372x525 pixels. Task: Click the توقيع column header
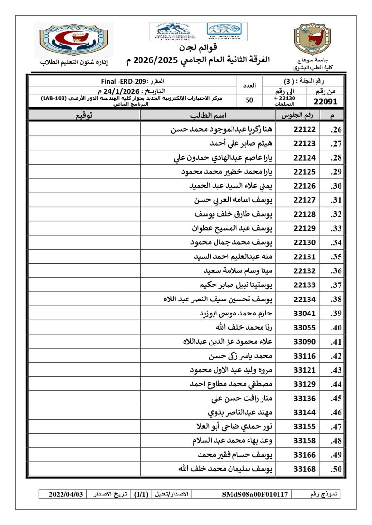pyautogui.click(x=84, y=115)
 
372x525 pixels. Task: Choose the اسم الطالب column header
pyautogui.click(x=208, y=115)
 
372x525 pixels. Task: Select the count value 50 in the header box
pyautogui.click(x=249, y=101)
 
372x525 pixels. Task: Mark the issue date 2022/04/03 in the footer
pyautogui.click(x=66, y=495)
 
